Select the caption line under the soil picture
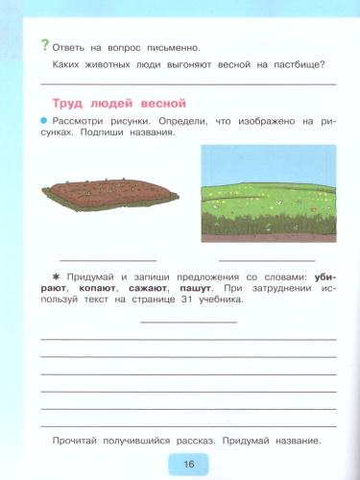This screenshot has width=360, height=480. coord(94,260)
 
